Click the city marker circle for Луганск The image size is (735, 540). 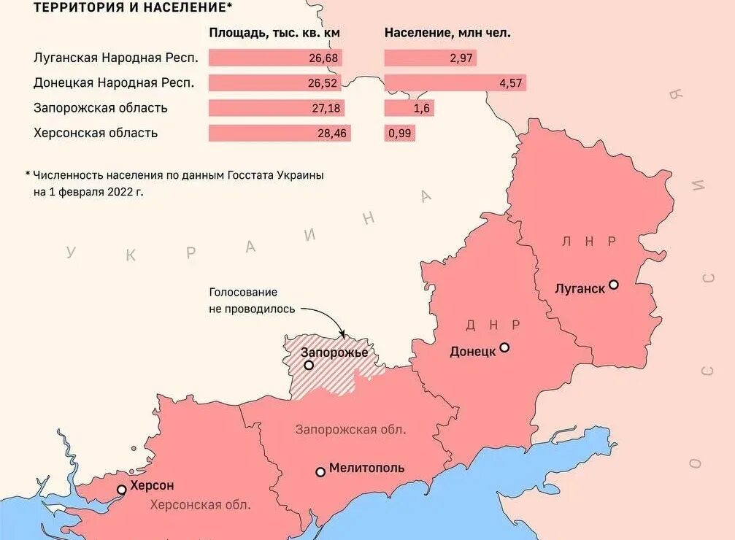614,285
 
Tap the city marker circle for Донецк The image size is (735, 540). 504,348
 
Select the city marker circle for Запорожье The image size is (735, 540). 309,366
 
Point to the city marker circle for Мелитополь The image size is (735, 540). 320,472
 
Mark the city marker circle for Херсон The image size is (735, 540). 122,490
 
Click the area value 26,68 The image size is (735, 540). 323,58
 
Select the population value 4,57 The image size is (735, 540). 510,83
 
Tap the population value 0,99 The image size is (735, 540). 399,134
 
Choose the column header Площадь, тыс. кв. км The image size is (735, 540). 274,33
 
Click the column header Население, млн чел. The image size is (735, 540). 447,33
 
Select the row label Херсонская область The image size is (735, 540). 96,133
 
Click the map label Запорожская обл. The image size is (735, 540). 350,429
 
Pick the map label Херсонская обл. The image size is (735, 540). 200,504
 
